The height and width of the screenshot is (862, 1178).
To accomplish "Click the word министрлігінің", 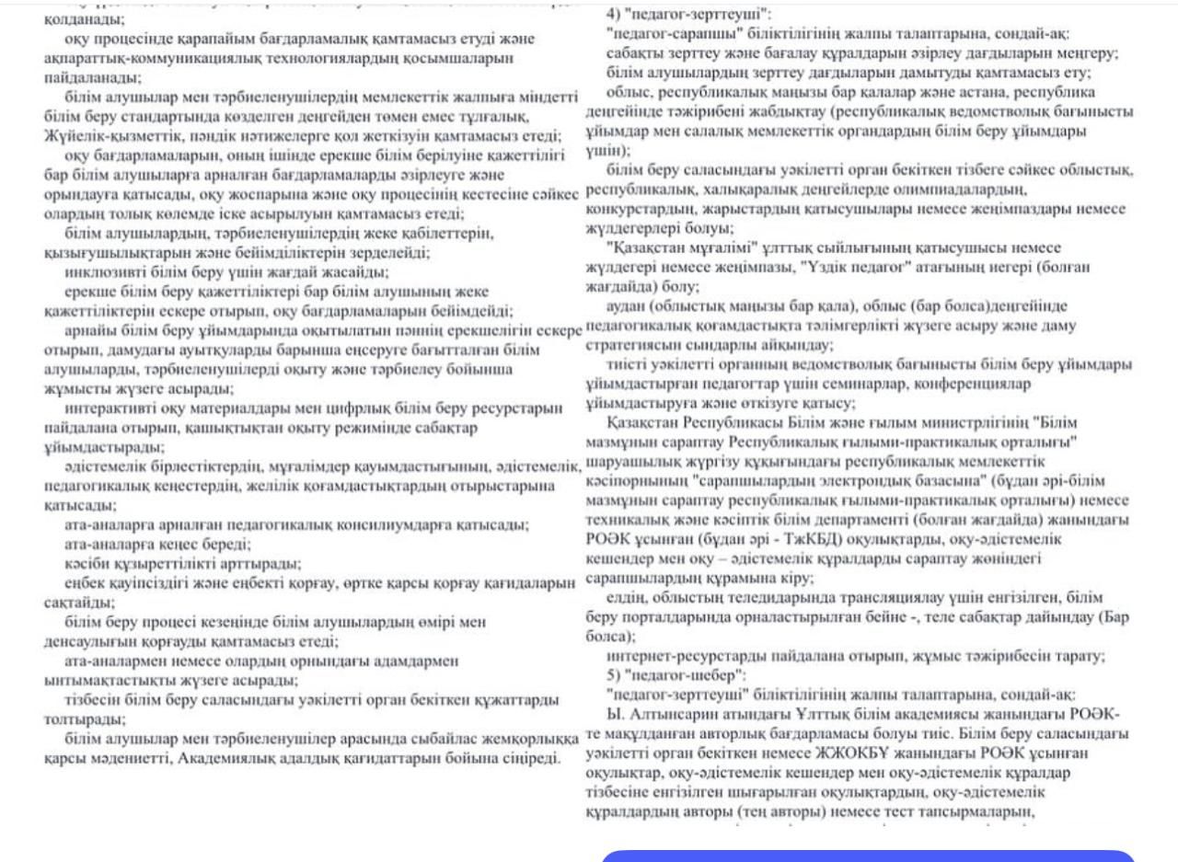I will click(x=967, y=422).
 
